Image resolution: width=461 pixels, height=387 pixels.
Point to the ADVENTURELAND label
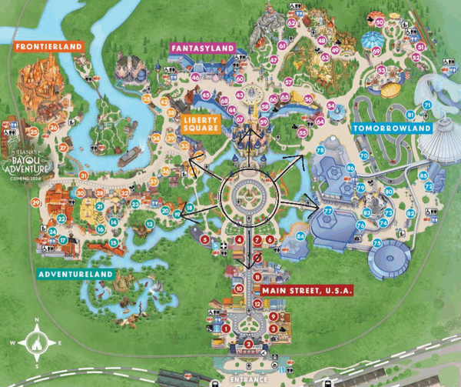[x=75, y=274]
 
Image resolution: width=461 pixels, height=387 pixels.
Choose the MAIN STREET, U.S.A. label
[x=307, y=290]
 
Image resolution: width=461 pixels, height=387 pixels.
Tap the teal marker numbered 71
[x=426, y=104]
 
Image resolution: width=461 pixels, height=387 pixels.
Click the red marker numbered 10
[x=240, y=289]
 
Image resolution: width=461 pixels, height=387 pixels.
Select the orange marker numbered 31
[x=82, y=176]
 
